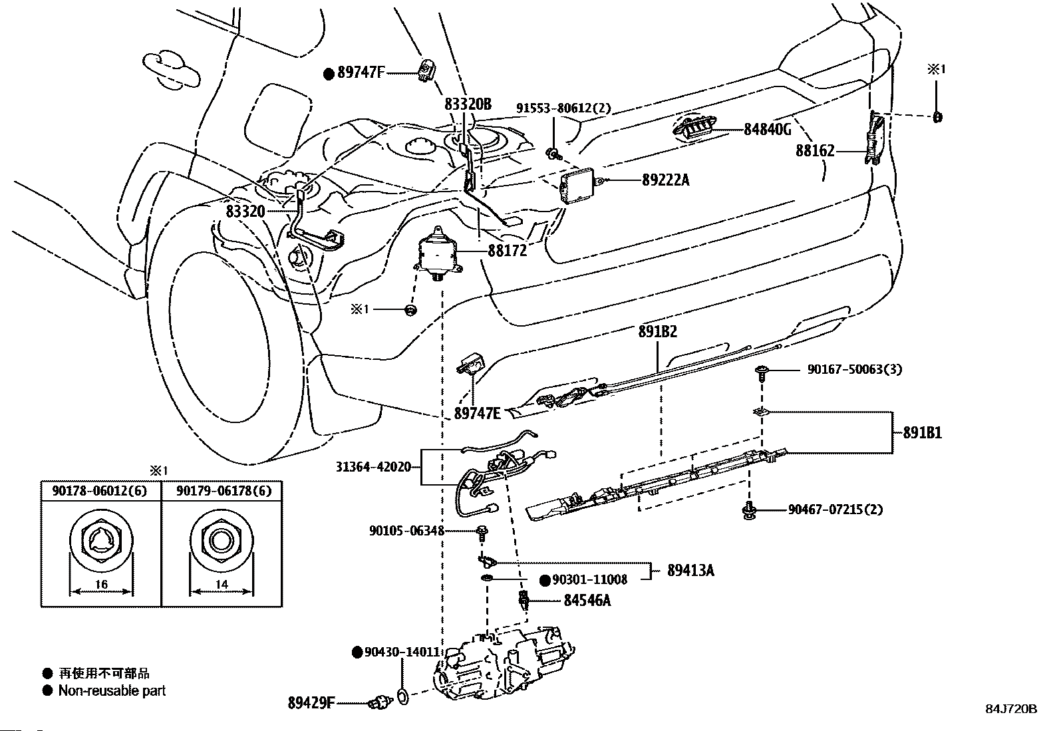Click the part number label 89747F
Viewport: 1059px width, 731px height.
coord(361,73)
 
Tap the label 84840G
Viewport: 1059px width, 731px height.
coord(767,130)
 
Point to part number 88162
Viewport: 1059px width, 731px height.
coord(815,152)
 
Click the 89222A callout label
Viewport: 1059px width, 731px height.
coord(666,180)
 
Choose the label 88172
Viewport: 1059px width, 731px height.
coord(507,251)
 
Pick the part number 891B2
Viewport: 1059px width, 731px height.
coord(658,331)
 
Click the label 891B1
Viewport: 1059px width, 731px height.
coord(922,433)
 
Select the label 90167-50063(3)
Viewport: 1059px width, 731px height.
coord(855,369)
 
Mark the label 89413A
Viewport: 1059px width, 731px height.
coord(691,570)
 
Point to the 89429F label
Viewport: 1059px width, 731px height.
coord(311,702)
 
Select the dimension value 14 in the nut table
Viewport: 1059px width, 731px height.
coord(222,585)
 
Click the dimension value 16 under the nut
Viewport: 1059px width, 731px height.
coord(101,585)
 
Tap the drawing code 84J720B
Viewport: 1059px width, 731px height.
coord(1011,709)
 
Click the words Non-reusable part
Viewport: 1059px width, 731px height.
coord(112,690)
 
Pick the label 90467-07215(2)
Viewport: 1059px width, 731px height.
coord(835,510)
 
